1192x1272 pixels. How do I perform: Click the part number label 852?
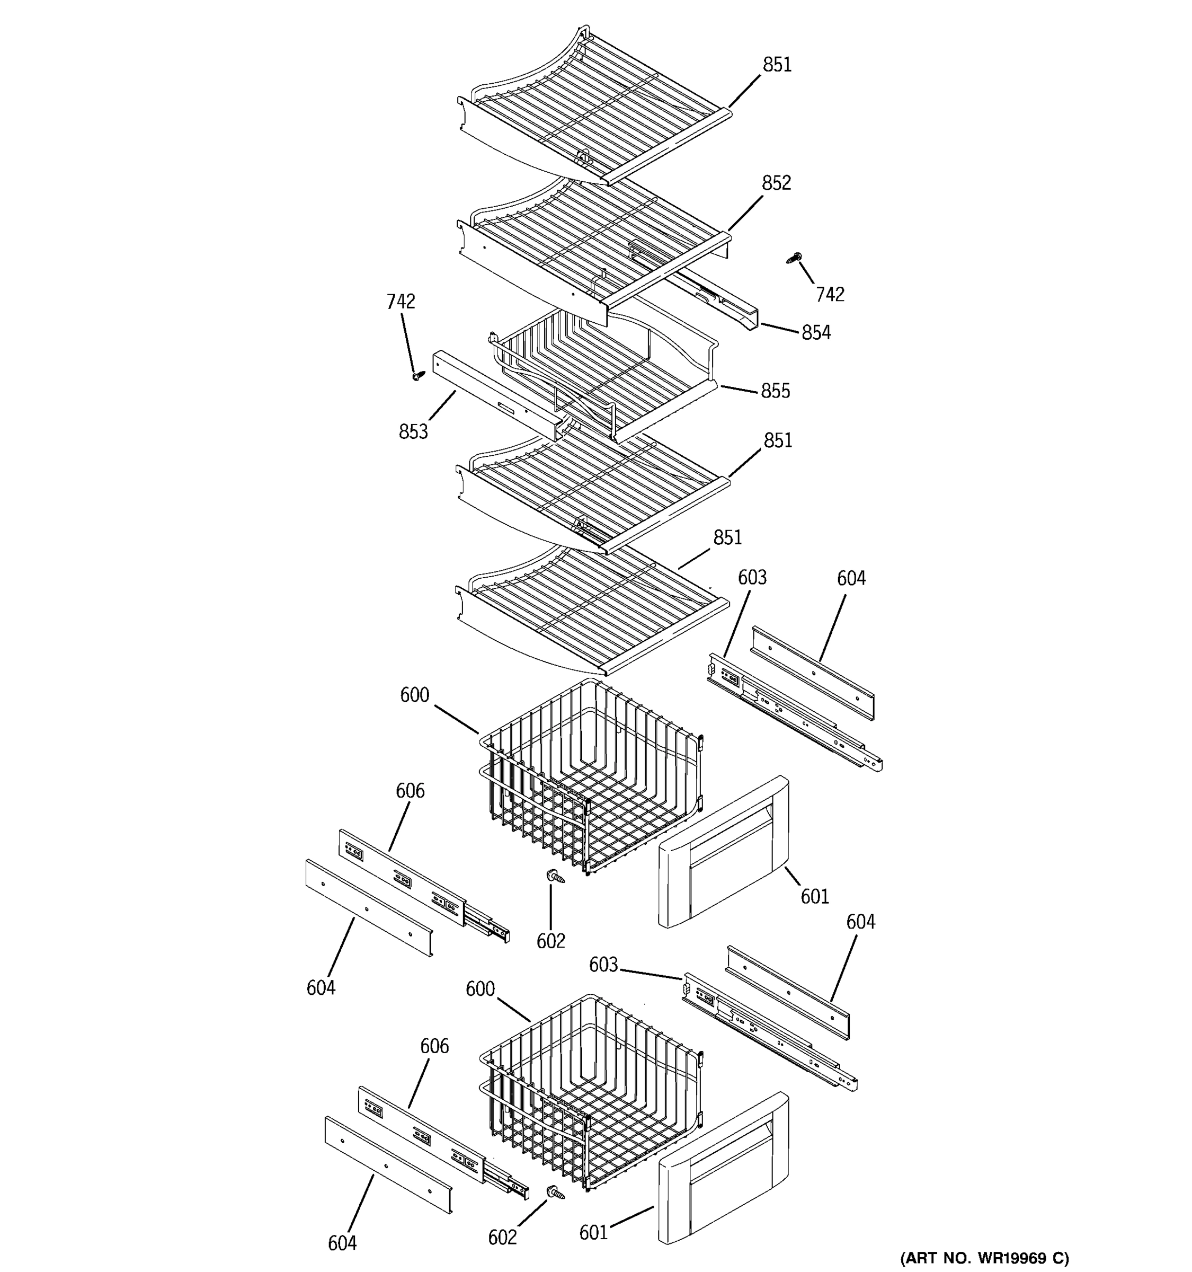(x=776, y=183)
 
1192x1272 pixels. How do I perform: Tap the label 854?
(x=816, y=333)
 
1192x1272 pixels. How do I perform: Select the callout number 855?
(x=775, y=391)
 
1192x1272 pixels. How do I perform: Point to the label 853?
(x=413, y=432)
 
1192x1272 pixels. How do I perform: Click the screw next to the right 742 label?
(x=794, y=259)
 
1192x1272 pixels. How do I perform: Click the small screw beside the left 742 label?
(x=419, y=374)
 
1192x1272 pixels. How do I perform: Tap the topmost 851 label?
(x=777, y=65)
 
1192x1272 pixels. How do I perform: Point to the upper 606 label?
(x=410, y=791)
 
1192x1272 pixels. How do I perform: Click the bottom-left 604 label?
(x=342, y=1243)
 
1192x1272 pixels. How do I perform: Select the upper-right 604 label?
(x=851, y=578)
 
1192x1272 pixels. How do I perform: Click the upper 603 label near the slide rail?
(x=752, y=578)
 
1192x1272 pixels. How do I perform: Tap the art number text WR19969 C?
(x=985, y=1259)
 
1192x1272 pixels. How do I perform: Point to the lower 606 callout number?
(x=434, y=1046)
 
